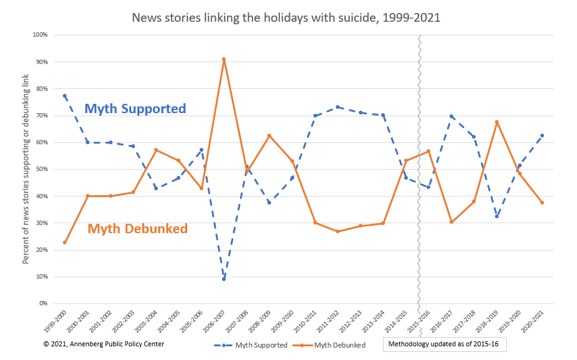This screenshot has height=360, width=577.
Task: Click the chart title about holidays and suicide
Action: point(286,17)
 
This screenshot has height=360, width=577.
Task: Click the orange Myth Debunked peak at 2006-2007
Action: point(224,59)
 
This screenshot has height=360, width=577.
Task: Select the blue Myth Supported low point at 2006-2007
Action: point(224,279)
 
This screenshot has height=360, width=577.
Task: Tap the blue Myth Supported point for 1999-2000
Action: point(65,96)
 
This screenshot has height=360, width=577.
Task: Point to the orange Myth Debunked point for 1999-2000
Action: point(65,242)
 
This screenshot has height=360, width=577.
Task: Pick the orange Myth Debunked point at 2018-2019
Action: point(497,122)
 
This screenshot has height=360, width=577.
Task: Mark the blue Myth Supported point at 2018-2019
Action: point(497,216)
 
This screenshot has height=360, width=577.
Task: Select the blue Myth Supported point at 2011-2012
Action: point(337,107)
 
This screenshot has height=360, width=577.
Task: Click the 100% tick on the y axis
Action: point(40,35)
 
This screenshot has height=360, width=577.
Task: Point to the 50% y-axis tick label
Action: point(41,169)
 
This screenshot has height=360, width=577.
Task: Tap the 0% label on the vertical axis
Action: point(43,303)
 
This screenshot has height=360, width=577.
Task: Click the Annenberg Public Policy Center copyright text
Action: point(104,344)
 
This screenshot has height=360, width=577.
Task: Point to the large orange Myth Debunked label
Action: point(137,228)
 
